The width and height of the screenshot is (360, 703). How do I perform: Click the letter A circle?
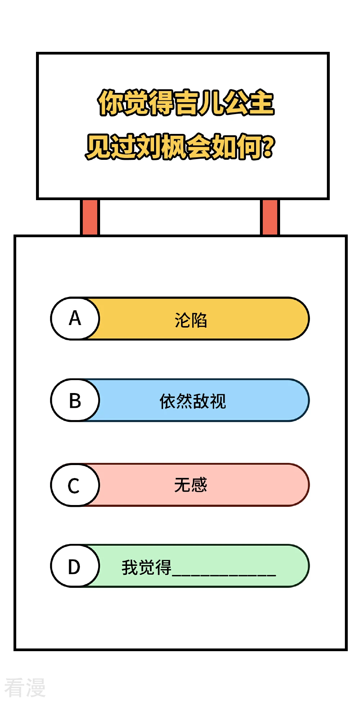pos(75,319)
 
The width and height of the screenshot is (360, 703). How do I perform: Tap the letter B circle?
pos(75,400)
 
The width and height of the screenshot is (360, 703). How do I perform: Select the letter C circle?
pos(75,485)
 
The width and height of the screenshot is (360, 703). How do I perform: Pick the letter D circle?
pos(75,566)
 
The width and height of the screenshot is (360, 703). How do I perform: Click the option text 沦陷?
pos(191,320)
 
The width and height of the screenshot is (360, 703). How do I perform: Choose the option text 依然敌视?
pos(193,401)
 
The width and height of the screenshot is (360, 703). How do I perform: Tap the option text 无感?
pos(191,485)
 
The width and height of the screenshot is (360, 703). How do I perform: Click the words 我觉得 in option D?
pos(147,568)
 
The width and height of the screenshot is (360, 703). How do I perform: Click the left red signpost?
pos(90,217)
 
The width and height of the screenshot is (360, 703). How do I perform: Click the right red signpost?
pos(270,217)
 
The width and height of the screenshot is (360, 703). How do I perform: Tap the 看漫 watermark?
pos(25,688)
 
